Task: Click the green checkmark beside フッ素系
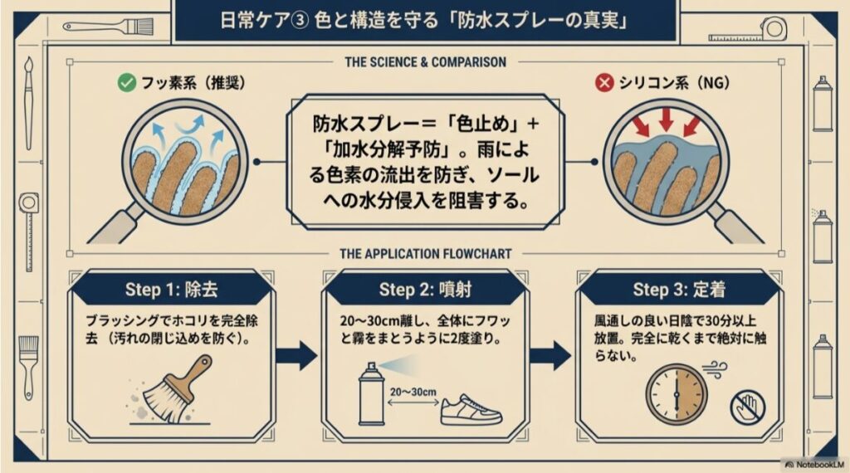[x=126, y=83]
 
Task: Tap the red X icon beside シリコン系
[x=606, y=83]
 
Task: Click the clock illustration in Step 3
[x=675, y=391]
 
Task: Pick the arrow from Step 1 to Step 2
[x=296, y=356]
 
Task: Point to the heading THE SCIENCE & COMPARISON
[x=425, y=62]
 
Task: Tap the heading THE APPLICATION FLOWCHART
[x=425, y=254]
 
